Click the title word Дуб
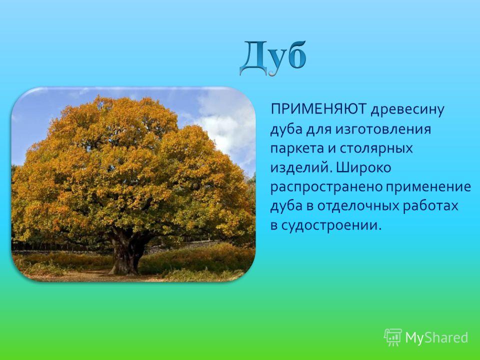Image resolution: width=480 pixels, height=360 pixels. [x=273, y=58]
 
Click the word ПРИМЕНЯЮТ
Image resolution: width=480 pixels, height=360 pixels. [x=318, y=109]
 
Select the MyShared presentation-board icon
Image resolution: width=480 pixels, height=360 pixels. [x=393, y=337]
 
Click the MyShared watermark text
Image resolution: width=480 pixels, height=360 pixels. [x=436, y=337]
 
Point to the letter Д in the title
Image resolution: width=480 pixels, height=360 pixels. [x=253, y=58]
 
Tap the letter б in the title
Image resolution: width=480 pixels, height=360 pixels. [x=295, y=55]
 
